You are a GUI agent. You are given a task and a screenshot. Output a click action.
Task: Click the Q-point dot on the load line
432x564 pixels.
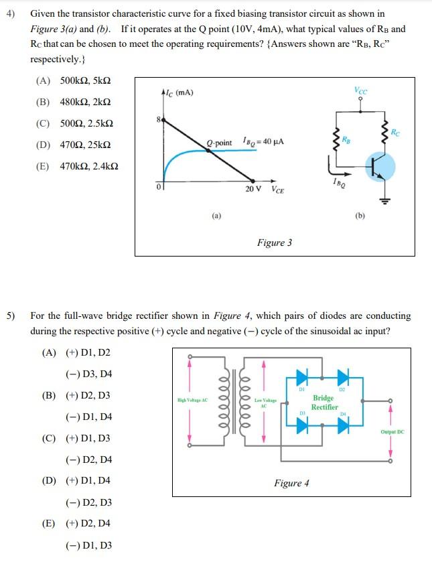(210, 151)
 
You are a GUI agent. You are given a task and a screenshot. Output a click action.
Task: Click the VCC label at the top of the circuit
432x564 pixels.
(362, 91)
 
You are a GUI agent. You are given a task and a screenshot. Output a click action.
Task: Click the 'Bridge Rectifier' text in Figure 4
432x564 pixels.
(324, 402)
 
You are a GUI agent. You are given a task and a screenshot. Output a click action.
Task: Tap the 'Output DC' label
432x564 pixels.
(392, 432)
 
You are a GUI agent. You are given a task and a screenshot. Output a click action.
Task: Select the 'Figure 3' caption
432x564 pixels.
(274, 242)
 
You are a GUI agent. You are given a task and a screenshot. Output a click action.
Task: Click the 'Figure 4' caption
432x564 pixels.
(291, 483)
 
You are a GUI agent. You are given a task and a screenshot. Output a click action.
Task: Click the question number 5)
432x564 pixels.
(11, 315)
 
